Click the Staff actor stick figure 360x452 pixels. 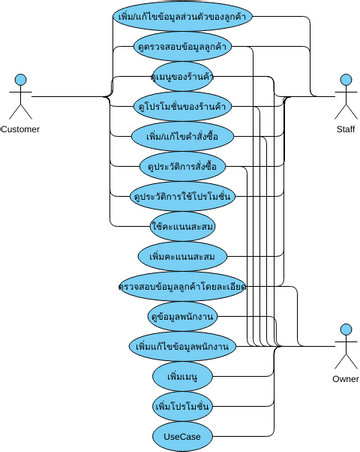pyautogui.click(x=344, y=96)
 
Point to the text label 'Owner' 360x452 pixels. pyautogui.click(x=345, y=379)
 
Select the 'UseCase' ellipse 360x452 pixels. pyautogui.click(x=182, y=436)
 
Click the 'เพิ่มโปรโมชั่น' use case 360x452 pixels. pyautogui.click(x=182, y=407)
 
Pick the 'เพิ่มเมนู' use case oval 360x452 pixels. pyautogui.click(x=182, y=377)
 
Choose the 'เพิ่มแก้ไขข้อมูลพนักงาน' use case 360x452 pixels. pyautogui.click(x=182, y=346)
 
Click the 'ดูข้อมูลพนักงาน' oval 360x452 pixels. pyautogui.click(x=182, y=315)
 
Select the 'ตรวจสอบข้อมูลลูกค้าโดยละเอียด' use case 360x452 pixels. pyautogui.click(x=182, y=286)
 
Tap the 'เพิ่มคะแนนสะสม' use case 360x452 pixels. pyautogui.click(x=182, y=257)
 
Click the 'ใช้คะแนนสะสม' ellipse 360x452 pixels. pyautogui.click(x=182, y=227)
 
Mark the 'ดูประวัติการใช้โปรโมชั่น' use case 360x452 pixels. pyautogui.click(x=182, y=196)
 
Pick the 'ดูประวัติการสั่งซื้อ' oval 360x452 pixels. pyautogui.click(x=182, y=164)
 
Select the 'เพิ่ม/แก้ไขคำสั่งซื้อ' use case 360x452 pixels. pyautogui.click(x=182, y=134)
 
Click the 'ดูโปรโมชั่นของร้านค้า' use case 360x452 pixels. pyautogui.click(x=182, y=104)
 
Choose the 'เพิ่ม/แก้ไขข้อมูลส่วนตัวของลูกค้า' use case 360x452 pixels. pyautogui.click(x=182, y=17)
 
